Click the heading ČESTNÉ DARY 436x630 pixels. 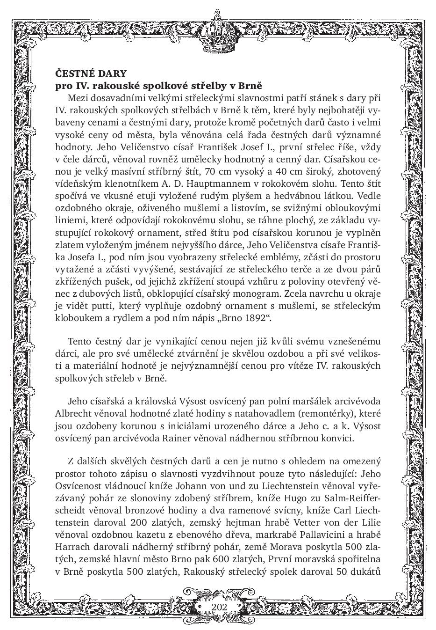tap(91, 73)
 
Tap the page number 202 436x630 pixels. tap(219, 607)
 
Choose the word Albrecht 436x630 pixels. tap(73, 414)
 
